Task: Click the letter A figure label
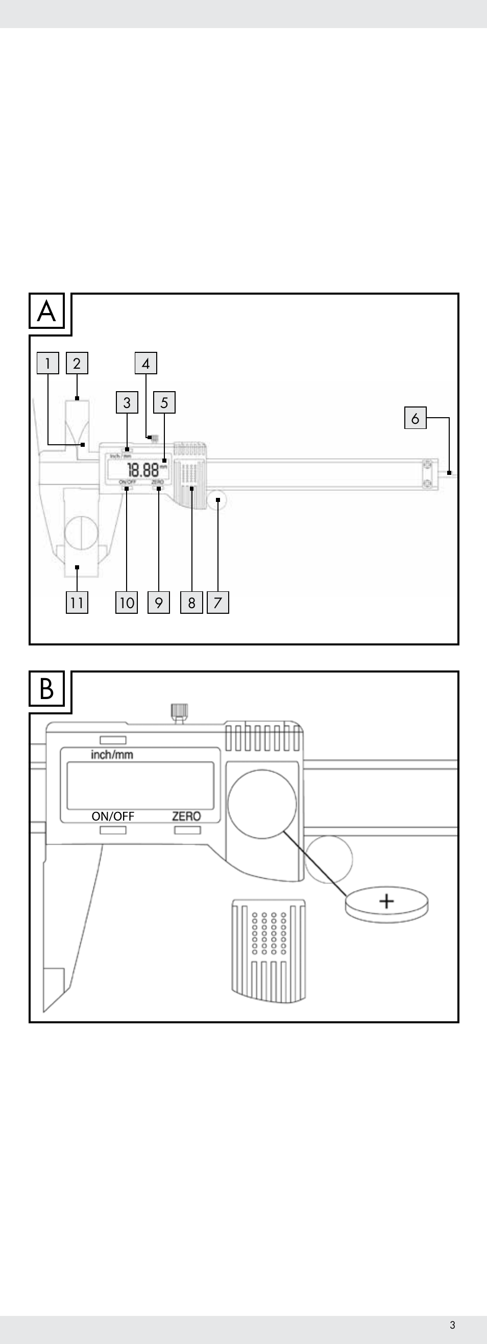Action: click(46, 311)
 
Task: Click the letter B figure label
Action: click(46, 689)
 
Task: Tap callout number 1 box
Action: click(48, 363)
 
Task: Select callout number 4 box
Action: click(145, 363)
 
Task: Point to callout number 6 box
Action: click(415, 418)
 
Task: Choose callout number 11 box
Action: click(77, 603)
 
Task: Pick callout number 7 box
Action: click(218, 603)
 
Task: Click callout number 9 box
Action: click(159, 603)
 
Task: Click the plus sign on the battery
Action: click(386, 901)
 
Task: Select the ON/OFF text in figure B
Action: click(113, 816)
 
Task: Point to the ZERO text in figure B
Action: click(186, 816)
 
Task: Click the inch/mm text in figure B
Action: click(112, 754)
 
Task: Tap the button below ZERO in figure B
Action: click(187, 830)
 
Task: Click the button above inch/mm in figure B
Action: click(113, 740)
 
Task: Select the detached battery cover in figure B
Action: click(269, 950)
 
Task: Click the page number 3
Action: click(452, 1325)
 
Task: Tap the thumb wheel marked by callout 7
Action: click(217, 500)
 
